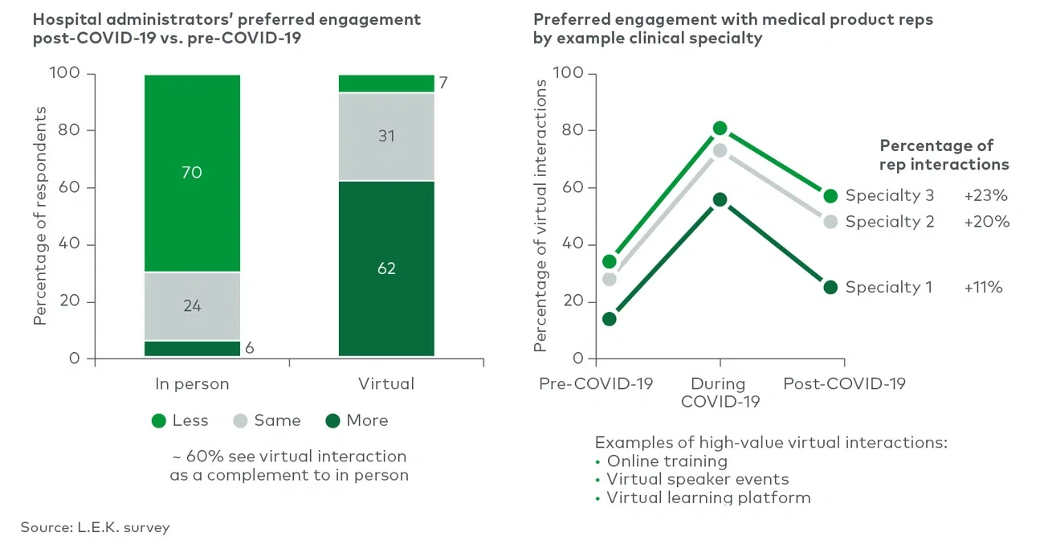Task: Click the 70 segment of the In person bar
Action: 192,173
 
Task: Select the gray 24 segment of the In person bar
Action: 192,306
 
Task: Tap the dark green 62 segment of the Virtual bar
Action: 386,268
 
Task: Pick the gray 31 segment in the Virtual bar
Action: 386,137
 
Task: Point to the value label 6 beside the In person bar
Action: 250,348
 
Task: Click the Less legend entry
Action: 180,420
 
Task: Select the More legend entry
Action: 357,420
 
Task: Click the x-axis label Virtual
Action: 386,384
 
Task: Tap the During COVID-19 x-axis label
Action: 720,392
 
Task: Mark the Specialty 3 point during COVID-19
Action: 720,129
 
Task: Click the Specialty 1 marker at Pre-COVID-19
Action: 610,319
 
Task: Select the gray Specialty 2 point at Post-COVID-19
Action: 830,222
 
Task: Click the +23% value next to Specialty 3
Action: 985,195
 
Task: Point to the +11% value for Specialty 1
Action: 984,287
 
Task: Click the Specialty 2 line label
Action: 890,222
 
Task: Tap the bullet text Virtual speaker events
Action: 697,479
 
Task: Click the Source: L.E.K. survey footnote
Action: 95,527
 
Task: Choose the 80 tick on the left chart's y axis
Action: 69,130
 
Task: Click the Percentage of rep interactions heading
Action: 944,154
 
